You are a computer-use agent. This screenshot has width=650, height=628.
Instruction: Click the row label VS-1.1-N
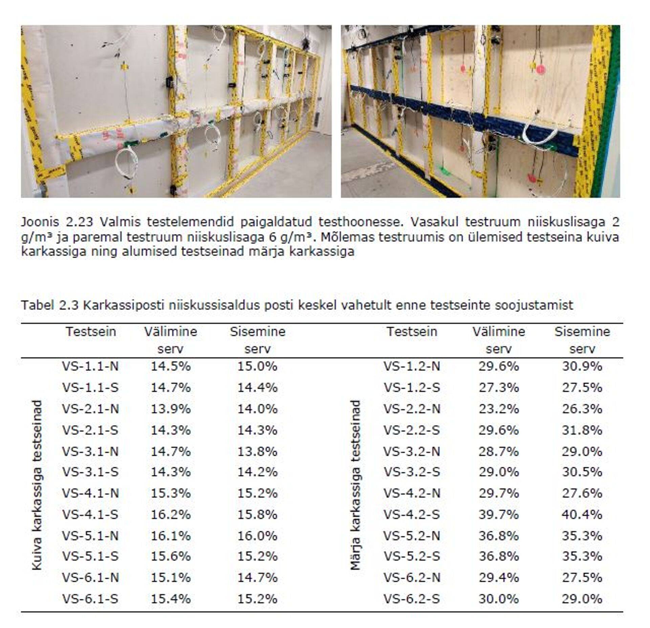click(90, 367)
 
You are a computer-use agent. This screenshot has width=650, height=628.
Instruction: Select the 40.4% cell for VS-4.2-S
click(582, 515)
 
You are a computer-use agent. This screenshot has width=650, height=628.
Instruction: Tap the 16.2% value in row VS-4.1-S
click(170, 515)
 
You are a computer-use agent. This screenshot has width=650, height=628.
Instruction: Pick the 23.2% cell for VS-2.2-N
click(498, 409)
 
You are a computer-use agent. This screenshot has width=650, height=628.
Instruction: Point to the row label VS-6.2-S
click(411, 599)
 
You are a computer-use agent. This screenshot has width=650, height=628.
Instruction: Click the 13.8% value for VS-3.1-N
click(257, 452)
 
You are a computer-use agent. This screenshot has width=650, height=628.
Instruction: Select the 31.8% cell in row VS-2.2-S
click(582, 430)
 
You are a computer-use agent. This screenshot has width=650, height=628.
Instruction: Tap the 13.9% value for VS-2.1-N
click(170, 409)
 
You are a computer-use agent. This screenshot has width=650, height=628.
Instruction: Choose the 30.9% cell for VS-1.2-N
click(582, 367)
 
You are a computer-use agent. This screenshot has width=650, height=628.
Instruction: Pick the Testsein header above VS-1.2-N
click(412, 331)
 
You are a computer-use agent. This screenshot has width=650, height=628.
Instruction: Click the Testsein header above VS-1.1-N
click(91, 331)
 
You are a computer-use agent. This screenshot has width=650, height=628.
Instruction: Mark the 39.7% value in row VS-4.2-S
click(498, 515)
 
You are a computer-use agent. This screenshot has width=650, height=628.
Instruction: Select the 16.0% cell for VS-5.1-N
click(257, 536)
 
